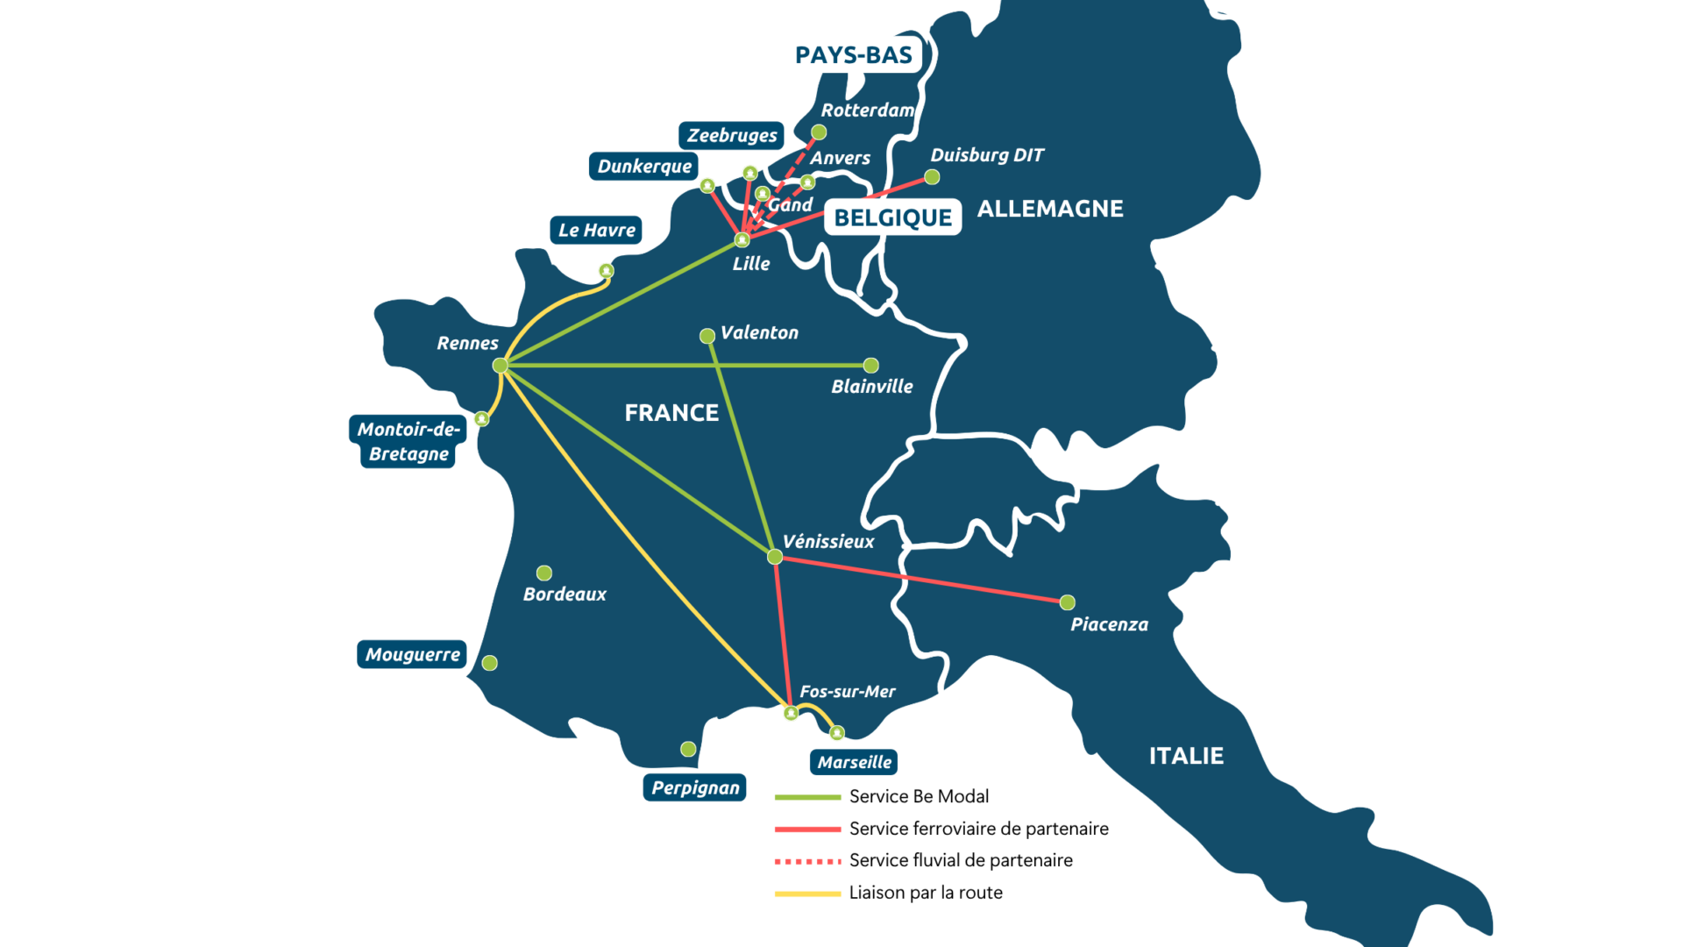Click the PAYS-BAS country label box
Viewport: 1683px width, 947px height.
point(854,54)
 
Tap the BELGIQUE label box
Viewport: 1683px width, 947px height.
point(892,217)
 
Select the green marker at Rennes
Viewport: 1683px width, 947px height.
point(501,365)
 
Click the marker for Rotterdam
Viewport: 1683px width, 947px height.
point(819,132)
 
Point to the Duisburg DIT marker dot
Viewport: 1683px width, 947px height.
point(932,177)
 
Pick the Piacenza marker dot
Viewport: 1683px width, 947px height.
point(1067,602)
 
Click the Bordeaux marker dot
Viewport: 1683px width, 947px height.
point(544,573)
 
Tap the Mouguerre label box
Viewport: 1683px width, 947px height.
point(412,654)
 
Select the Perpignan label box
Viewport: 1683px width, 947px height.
point(695,787)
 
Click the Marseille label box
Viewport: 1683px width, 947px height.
point(854,762)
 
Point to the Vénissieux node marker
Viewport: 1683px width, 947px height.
point(775,557)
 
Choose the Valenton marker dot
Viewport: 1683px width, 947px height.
point(707,336)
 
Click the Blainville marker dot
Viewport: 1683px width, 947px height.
point(870,365)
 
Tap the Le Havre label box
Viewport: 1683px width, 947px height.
point(596,230)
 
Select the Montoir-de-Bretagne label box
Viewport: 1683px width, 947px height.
point(408,441)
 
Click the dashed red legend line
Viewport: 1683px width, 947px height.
point(808,862)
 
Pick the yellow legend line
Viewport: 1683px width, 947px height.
point(808,894)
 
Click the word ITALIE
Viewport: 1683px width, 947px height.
point(1186,756)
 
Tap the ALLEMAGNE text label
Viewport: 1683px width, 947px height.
point(1050,209)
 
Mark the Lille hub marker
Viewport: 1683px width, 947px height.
point(742,239)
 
